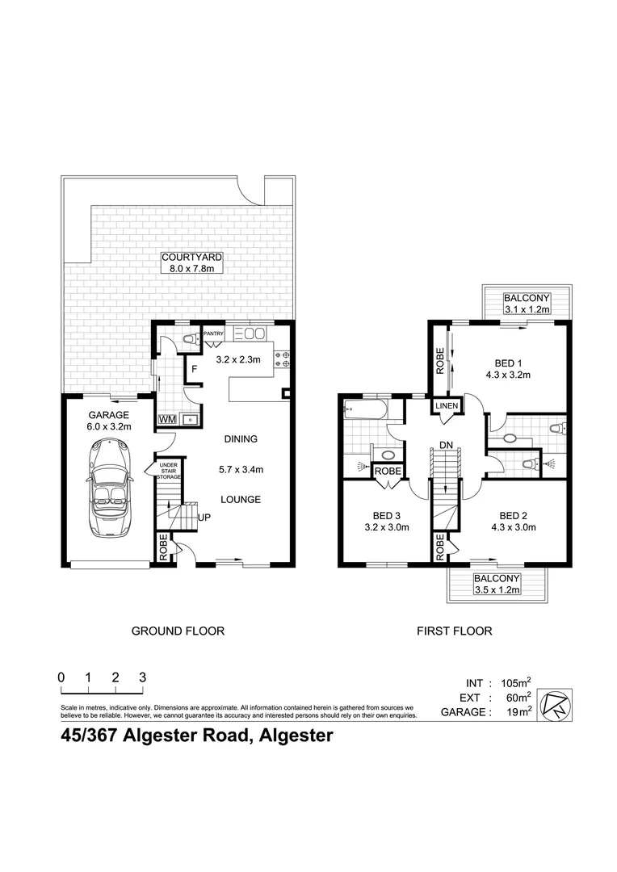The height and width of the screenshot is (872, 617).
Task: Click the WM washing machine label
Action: click(167, 420)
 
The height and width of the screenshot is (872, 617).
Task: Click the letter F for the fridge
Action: click(194, 371)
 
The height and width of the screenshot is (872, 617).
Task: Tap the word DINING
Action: click(241, 439)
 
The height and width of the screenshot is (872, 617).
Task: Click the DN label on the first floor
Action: click(446, 444)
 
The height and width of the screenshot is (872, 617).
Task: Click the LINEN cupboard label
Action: click(447, 407)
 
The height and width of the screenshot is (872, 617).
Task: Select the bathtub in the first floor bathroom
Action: click(364, 409)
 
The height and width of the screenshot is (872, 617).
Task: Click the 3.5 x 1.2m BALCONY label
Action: click(497, 585)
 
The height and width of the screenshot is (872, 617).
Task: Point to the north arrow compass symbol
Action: click(556, 702)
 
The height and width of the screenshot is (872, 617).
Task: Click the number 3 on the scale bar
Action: click(143, 678)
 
